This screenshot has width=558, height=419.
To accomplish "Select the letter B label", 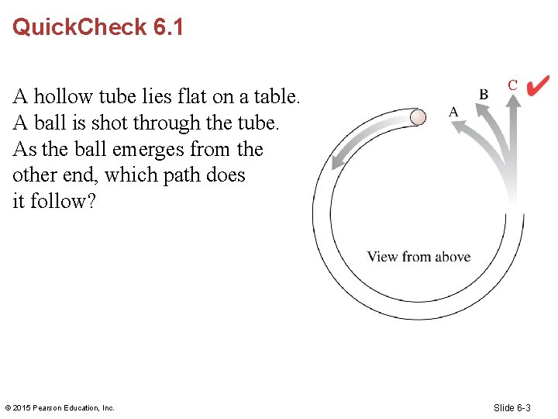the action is [484, 94].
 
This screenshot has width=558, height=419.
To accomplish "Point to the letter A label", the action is [454, 112].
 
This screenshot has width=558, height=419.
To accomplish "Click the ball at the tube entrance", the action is [418, 117].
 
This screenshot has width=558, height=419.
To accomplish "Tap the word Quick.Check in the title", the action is [80, 27].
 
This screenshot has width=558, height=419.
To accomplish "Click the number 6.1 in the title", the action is [168, 27].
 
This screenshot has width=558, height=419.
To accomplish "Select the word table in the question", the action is [277, 97].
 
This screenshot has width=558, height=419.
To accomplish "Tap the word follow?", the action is [62, 202].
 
